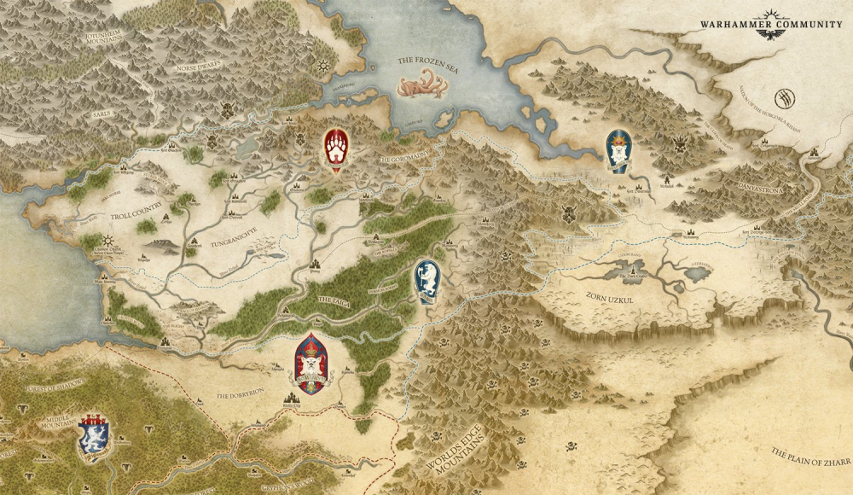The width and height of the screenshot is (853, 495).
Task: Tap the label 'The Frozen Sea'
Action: [x=429, y=61]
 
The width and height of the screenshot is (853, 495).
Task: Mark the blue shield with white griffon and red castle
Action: [x=92, y=434]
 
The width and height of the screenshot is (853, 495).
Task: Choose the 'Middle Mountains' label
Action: [x=58, y=424]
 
